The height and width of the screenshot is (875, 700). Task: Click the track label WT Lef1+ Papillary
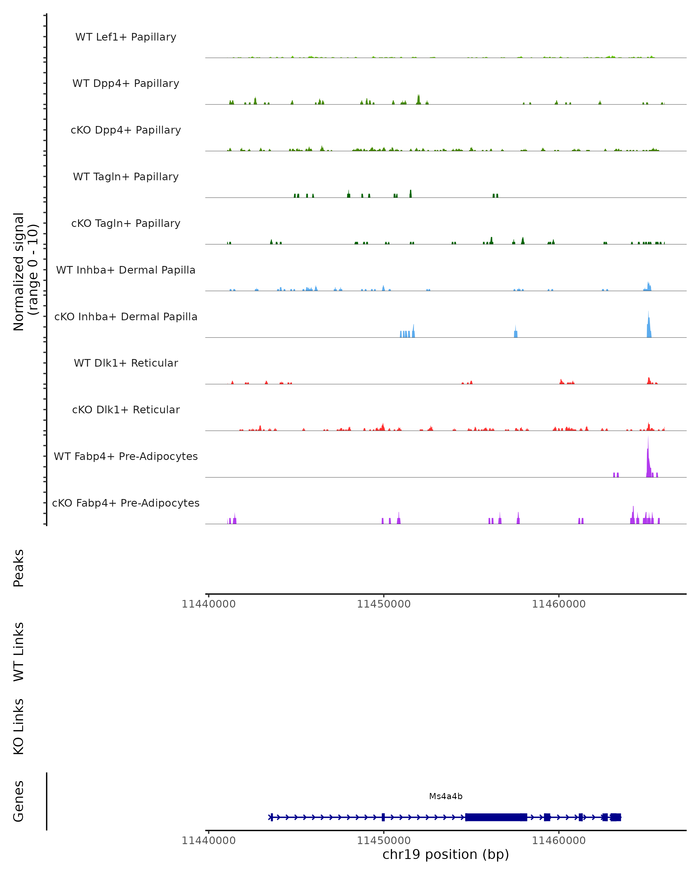click(x=126, y=37)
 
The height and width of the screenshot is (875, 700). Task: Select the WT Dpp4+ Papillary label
click(x=126, y=84)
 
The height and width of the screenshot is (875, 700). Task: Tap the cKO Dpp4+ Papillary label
click(x=126, y=130)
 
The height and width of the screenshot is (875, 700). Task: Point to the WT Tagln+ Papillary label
click(x=126, y=177)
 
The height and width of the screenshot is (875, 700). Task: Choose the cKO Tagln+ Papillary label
click(x=126, y=224)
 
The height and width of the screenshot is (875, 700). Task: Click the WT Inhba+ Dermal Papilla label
click(x=126, y=270)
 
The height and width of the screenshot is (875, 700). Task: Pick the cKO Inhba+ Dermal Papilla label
click(x=126, y=317)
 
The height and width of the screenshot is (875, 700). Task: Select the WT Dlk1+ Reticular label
click(x=126, y=363)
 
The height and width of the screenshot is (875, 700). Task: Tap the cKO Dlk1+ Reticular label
click(x=126, y=410)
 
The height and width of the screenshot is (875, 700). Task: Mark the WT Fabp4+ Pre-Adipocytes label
click(x=126, y=456)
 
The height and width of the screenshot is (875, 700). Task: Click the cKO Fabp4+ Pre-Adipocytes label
click(x=126, y=503)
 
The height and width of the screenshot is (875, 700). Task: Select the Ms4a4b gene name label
click(x=446, y=797)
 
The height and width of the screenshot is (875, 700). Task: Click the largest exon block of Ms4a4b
click(x=495, y=817)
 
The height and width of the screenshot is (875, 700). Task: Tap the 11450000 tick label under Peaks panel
click(x=384, y=604)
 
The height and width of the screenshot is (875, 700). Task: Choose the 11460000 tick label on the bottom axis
click(x=559, y=841)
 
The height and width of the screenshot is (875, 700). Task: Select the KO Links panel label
click(x=19, y=727)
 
